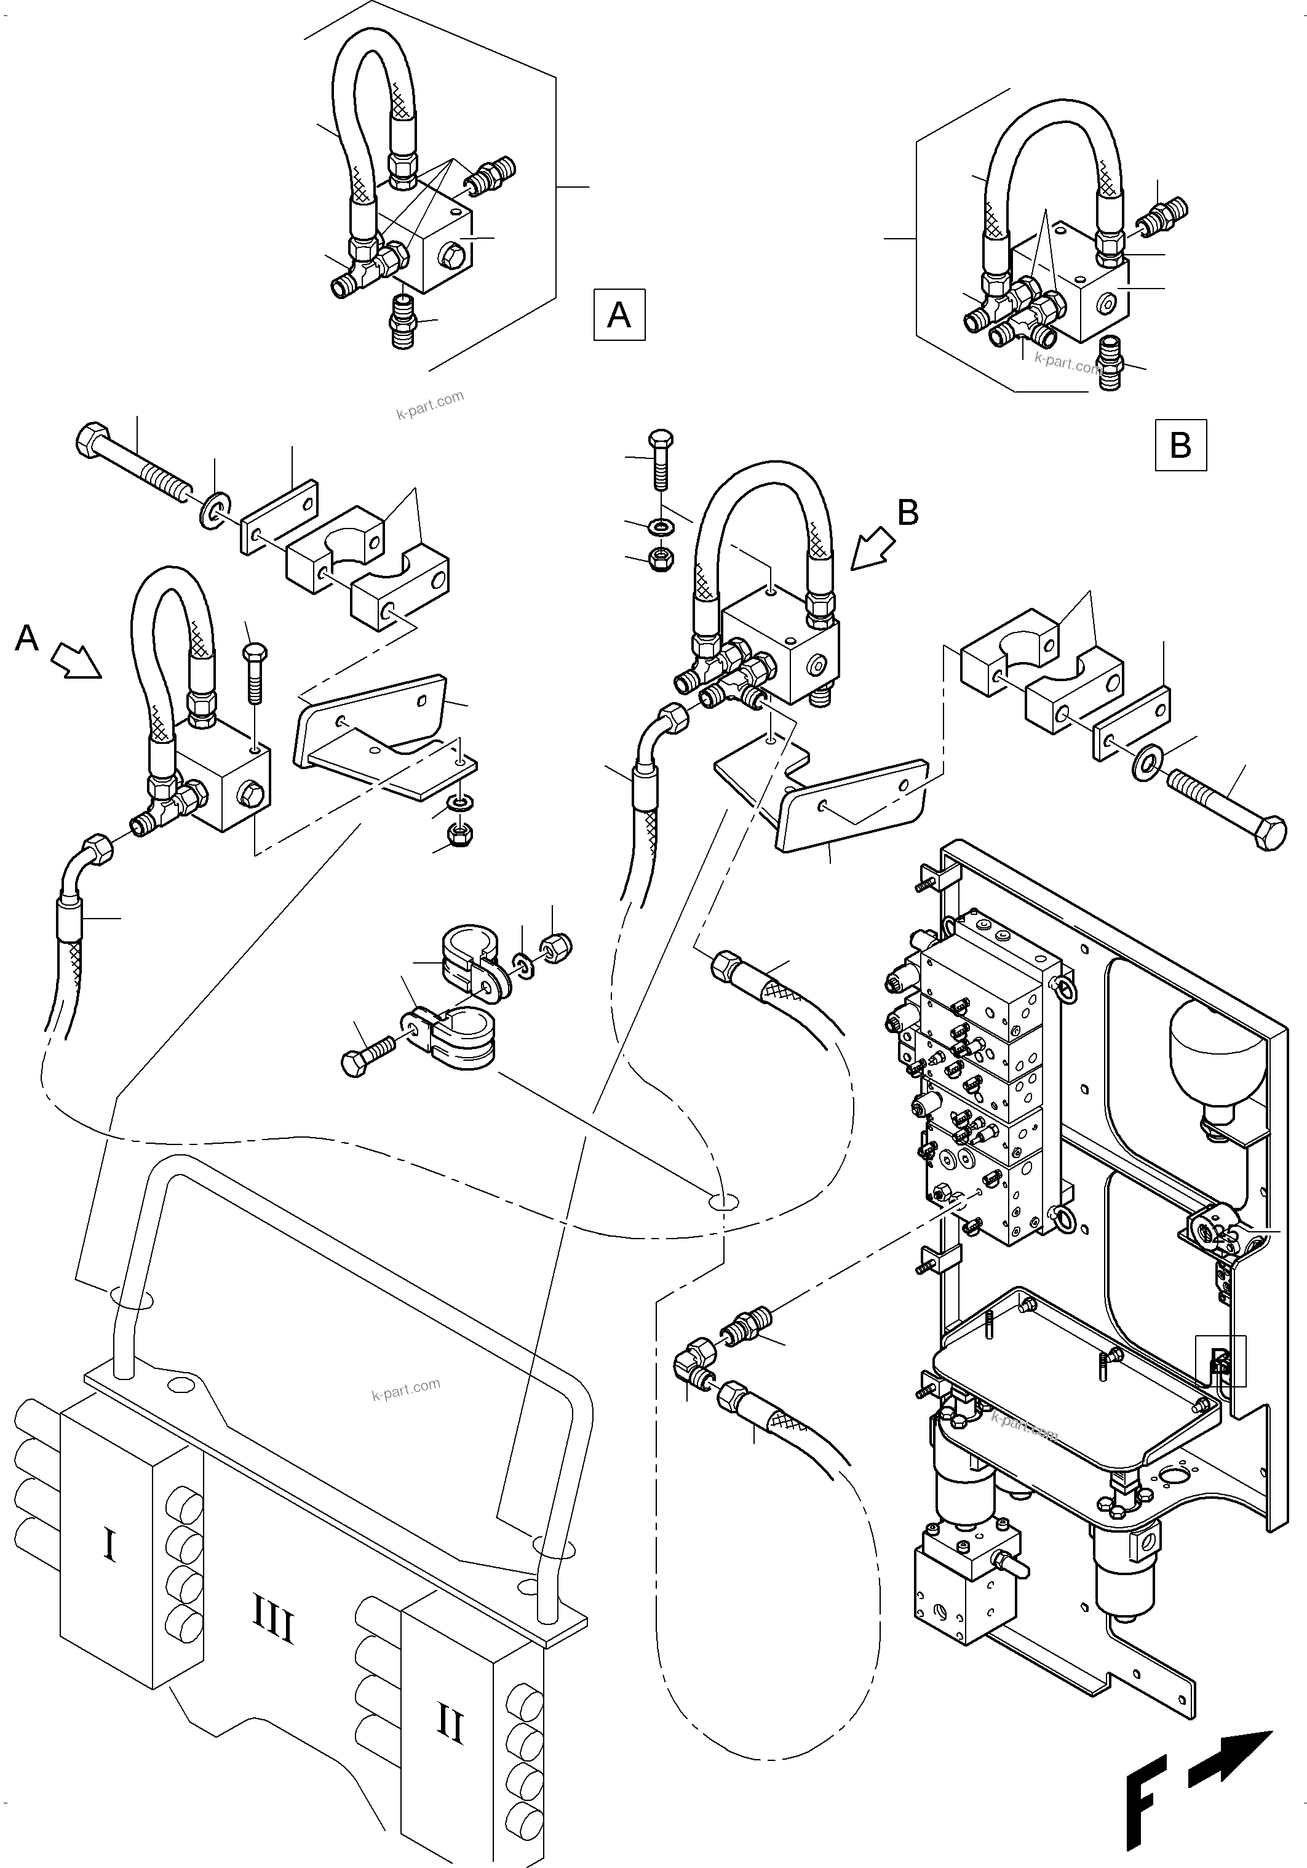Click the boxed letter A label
pyautogui.click(x=619, y=314)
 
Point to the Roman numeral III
pyautogui.click(x=272, y=1627)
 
